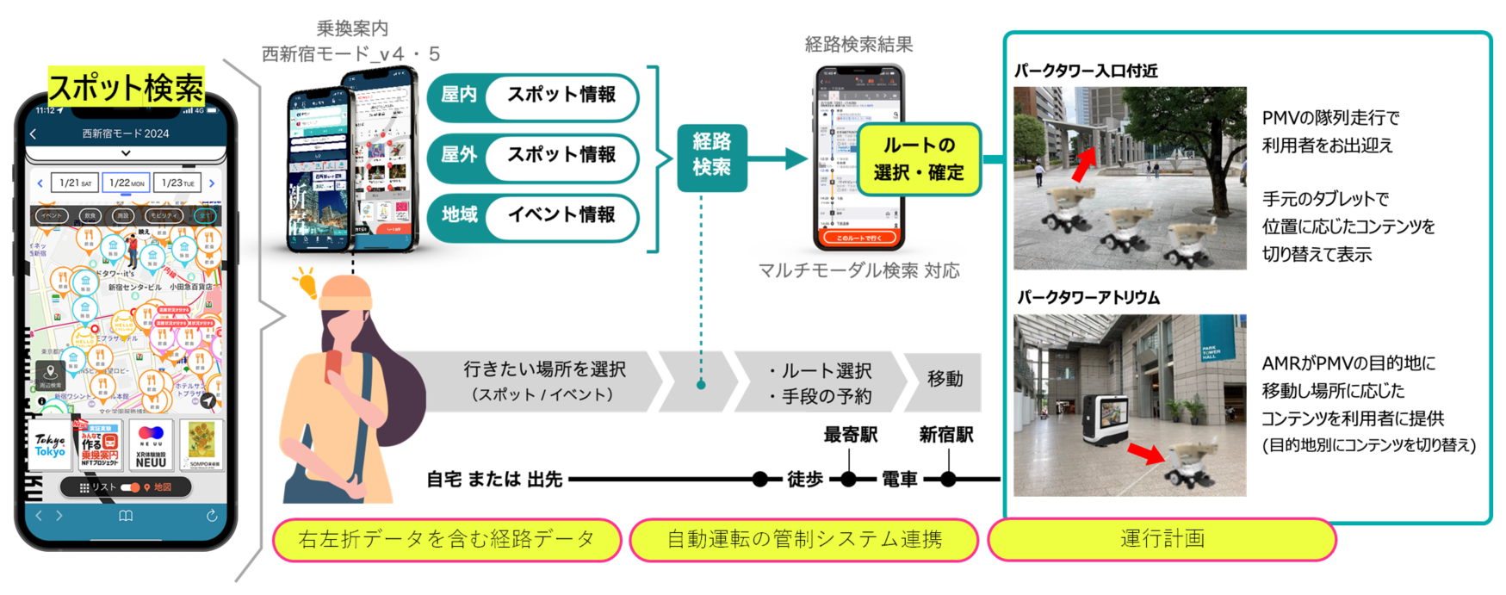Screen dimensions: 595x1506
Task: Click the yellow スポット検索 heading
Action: (126, 88)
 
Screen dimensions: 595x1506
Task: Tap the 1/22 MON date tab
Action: (127, 183)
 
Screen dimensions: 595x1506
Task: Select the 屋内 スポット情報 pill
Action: (533, 96)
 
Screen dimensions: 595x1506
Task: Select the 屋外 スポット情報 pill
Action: (533, 157)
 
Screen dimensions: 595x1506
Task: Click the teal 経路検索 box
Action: (711, 156)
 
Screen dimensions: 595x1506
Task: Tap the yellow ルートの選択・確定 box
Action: (918, 159)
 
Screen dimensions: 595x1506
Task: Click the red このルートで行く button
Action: (859, 237)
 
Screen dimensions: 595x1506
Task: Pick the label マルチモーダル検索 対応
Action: (858, 271)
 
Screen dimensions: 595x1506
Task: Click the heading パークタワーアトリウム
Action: (1088, 298)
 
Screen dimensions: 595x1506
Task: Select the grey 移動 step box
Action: (945, 380)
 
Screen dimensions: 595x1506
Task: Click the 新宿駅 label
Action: (946, 435)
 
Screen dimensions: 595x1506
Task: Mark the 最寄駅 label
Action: (850, 435)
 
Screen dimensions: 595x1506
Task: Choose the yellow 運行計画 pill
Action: (1162, 540)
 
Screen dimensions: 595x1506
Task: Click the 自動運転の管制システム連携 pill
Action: (804, 540)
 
